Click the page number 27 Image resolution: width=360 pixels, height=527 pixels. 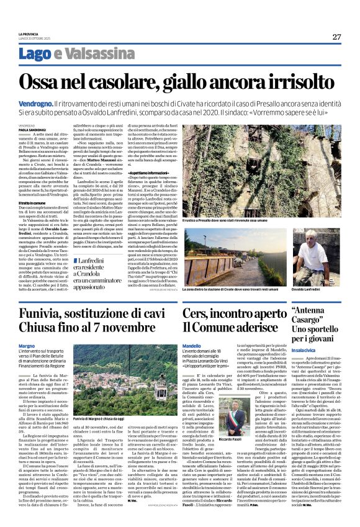[336, 37]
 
